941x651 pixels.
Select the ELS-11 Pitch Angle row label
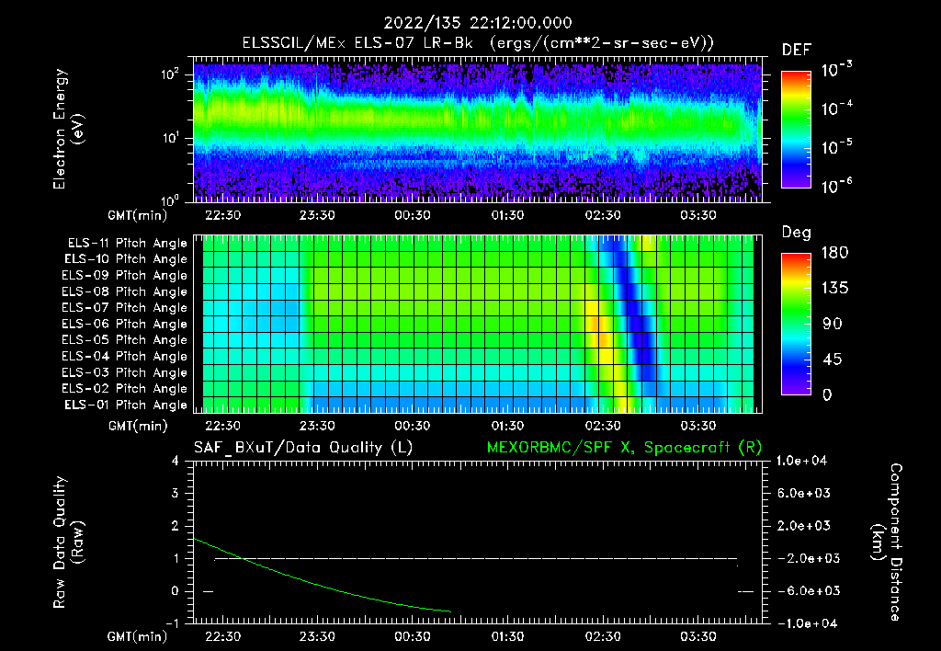click(127, 243)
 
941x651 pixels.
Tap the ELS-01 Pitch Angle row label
click(127, 405)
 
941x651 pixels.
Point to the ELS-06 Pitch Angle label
click(127, 324)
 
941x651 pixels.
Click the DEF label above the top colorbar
click(795, 50)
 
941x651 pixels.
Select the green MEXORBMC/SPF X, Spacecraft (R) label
click(624, 447)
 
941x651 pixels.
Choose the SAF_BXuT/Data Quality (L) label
click(302, 447)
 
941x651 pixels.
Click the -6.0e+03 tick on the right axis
click(804, 590)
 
